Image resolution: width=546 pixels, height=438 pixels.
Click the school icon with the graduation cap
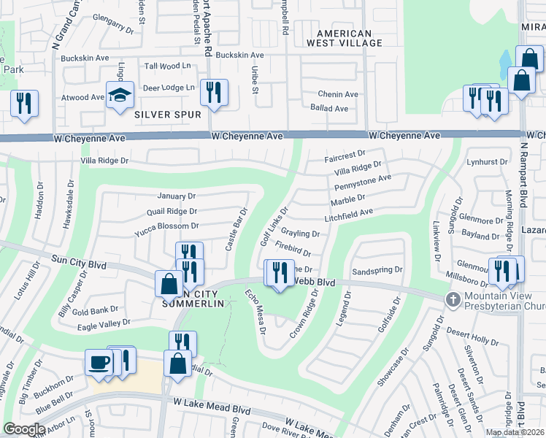[x=120, y=95]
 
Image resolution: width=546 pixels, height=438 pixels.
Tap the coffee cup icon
[x=99, y=361]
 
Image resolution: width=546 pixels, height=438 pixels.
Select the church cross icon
[x=453, y=299]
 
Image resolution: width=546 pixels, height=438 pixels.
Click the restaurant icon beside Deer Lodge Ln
[x=214, y=92]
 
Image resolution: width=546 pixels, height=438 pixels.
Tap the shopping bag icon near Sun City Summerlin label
[x=169, y=283]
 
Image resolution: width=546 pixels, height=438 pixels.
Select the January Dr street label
[x=177, y=196]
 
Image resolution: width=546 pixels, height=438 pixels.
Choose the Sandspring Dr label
[x=377, y=269]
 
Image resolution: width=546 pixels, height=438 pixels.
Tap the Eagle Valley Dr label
[x=101, y=322]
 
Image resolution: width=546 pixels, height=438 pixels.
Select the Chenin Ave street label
[x=338, y=94]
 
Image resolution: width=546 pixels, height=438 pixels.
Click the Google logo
[x=24, y=429]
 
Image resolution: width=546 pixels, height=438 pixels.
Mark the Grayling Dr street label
[x=301, y=234]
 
